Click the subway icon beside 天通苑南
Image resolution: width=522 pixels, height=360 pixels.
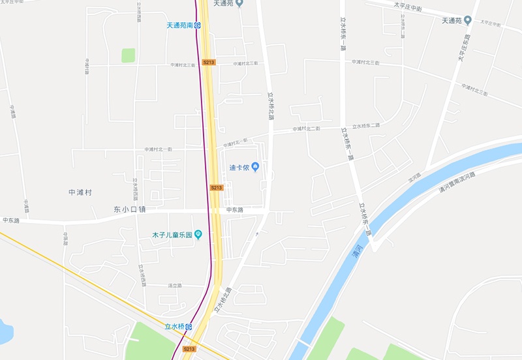click(x=197, y=25)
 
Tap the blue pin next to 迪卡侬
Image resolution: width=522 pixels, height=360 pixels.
click(x=256, y=167)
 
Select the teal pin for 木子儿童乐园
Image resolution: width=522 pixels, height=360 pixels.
click(x=198, y=235)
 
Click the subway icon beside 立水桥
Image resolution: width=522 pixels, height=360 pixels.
click(x=189, y=326)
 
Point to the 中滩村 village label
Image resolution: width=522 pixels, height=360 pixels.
click(x=80, y=193)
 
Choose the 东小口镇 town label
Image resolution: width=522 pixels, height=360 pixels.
click(x=129, y=210)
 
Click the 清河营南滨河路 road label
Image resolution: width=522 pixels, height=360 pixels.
click(x=455, y=181)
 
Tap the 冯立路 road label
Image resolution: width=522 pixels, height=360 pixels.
click(x=175, y=286)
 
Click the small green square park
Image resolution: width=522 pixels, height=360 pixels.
click(x=128, y=55)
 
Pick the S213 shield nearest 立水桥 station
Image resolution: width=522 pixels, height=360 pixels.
click(x=189, y=349)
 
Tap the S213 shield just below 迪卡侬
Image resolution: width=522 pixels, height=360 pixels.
click(x=217, y=188)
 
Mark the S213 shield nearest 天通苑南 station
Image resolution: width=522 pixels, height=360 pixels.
click(x=208, y=62)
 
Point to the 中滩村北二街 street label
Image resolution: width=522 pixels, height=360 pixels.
click(x=307, y=128)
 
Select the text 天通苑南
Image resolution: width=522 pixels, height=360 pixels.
click(x=179, y=25)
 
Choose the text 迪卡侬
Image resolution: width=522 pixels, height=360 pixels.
click(x=239, y=167)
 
